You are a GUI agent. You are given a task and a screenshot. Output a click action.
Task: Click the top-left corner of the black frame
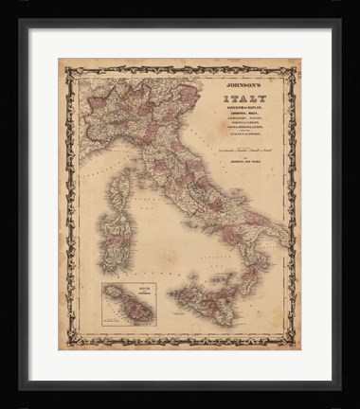21,20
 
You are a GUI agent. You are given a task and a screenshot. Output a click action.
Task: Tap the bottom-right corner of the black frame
339,388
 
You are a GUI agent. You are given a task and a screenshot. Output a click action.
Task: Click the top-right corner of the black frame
339,20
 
